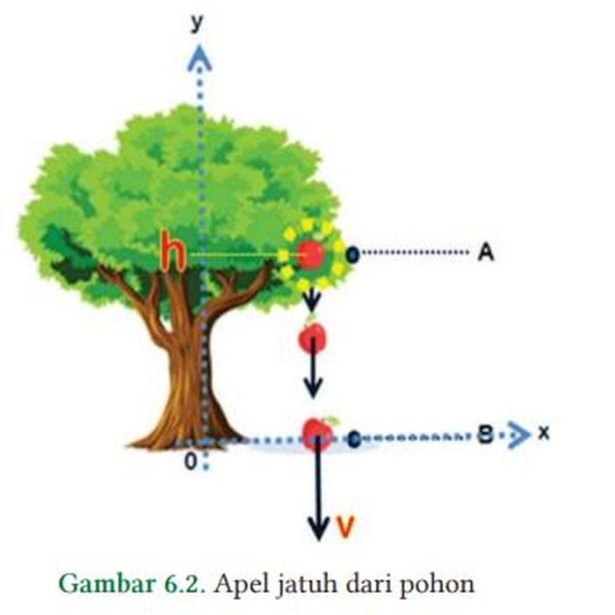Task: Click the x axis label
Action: coord(544,434)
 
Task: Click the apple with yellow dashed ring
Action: coord(310,255)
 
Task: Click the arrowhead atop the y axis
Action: coord(201,58)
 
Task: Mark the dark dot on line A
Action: coord(351,255)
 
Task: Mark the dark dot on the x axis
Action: coord(353,437)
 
